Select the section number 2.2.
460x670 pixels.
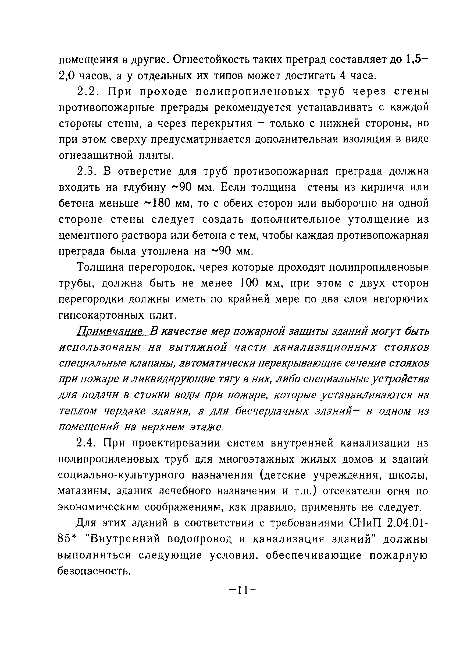pos(88,92)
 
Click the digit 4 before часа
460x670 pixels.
pos(343,76)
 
